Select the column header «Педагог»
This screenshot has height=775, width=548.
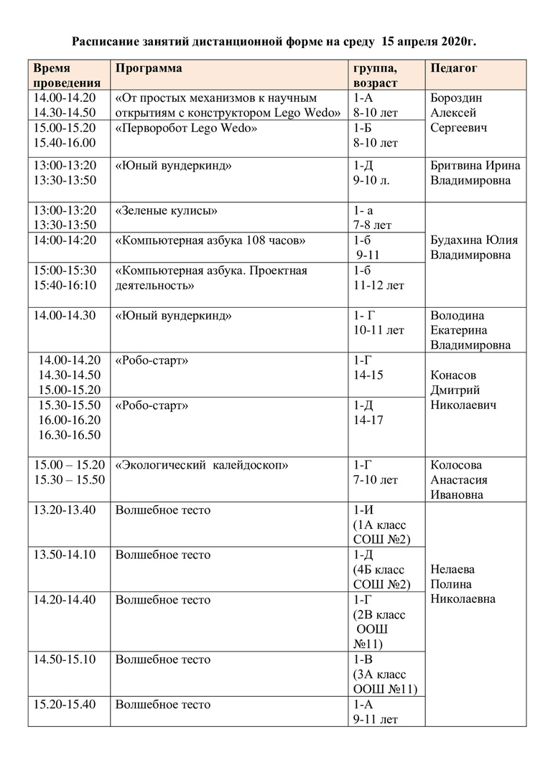(454, 68)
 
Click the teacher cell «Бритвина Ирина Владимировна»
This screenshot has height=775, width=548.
(475, 173)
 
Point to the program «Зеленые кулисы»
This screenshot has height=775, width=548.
(166, 210)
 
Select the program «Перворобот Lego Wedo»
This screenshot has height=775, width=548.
(186, 128)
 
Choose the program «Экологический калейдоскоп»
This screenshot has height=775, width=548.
(202, 465)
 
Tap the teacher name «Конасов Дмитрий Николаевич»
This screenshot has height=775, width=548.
(463, 390)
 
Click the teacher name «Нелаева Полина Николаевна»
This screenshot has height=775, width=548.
(463, 584)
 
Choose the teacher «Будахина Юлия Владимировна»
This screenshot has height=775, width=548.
(474, 248)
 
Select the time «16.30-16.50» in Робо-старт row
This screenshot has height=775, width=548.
(70, 435)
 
